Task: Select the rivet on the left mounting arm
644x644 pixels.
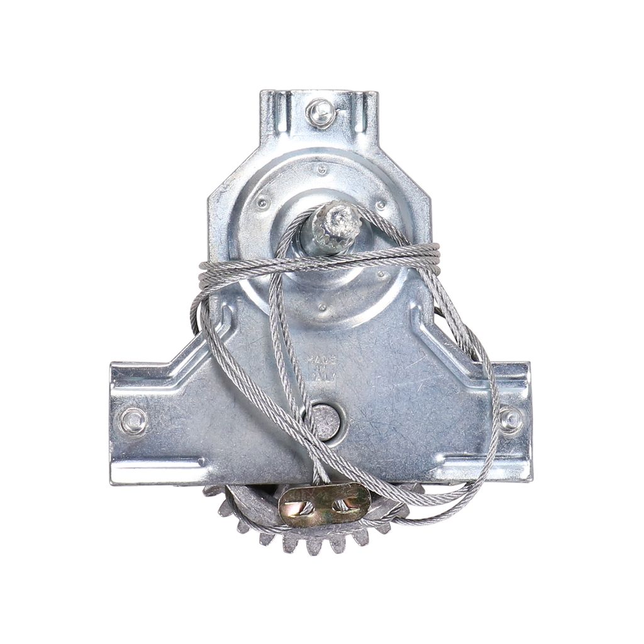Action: coord(133,421)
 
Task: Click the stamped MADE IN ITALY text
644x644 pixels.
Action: coord(321,369)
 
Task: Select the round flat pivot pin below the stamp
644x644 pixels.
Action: coord(325,422)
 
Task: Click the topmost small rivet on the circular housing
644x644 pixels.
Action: coord(322,169)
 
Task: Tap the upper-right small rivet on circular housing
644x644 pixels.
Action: coord(381,205)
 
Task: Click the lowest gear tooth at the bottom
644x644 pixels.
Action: coord(314,546)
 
